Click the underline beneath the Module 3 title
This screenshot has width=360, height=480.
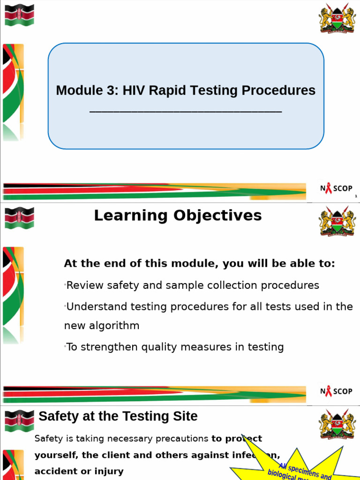coord(185,112)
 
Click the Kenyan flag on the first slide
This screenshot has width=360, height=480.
coord(19,15)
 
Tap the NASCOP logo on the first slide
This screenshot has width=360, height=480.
coord(336,188)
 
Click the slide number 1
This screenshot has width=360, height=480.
coord(356,196)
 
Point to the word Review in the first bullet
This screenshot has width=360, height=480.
coord(83,285)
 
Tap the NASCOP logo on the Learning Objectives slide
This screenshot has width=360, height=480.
coord(336,391)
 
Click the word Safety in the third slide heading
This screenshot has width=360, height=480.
coord(55,416)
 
